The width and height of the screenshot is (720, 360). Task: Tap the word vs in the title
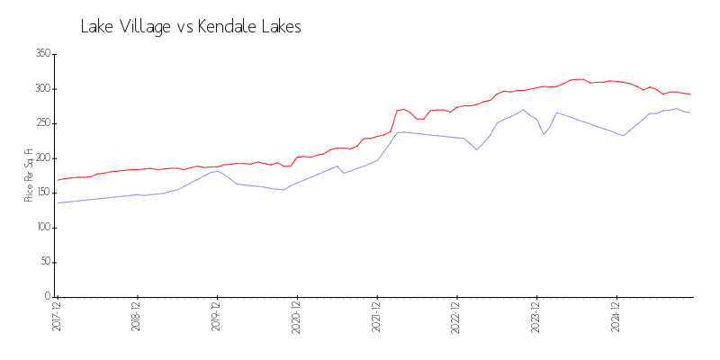(x=184, y=28)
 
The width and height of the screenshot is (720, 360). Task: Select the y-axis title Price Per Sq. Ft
(x=29, y=175)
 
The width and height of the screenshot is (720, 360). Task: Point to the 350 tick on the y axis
(x=41, y=54)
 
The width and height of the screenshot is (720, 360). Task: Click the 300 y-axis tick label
(x=41, y=89)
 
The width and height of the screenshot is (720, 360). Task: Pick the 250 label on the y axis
(x=41, y=123)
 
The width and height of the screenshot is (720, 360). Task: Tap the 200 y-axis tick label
(x=41, y=158)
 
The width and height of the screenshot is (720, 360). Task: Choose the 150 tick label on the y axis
(x=41, y=193)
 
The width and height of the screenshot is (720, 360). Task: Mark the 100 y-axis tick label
(x=41, y=228)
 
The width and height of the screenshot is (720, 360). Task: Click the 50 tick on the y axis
(x=44, y=262)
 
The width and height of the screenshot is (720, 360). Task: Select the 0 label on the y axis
(x=47, y=297)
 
